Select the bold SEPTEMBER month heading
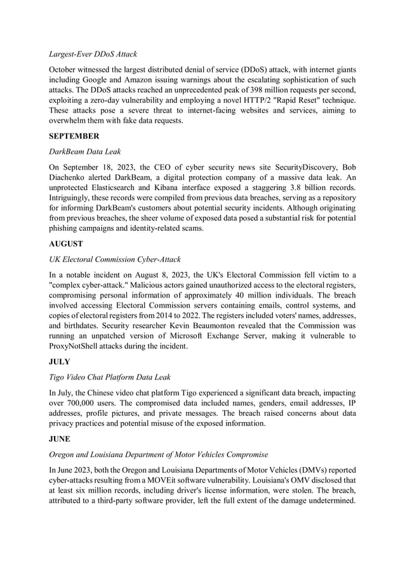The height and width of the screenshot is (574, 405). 75,135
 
